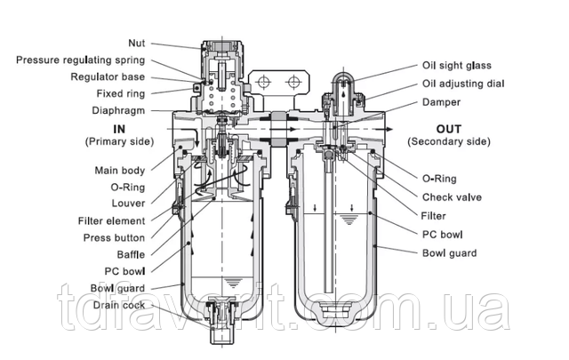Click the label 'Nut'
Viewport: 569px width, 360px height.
pyautogui.click(x=137, y=41)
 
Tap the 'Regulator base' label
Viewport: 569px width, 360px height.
pyautogui.click(x=107, y=76)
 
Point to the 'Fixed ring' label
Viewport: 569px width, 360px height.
pyautogui.click(x=122, y=93)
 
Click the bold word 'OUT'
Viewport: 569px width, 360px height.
pyautogui.click(x=448, y=129)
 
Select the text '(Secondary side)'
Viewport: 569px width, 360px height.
pyautogui.click(x=448, y=141)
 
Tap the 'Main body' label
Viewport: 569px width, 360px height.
pyautogui.click(x=121, y=170)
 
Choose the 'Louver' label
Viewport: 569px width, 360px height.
pyautogui.click(x=130, y=204)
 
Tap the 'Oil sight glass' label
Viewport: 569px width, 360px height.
pyautogui.click(x=456, y=65)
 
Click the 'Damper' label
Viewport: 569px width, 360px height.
pyautogui.click(x=441, y=101)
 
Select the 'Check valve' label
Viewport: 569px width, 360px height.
pyautogui.click(x=452, y=197)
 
